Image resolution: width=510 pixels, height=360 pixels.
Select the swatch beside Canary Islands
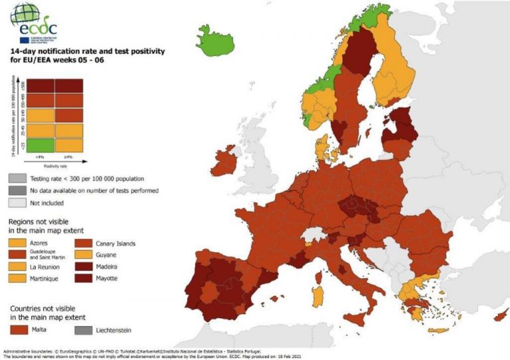[x=86, y=244]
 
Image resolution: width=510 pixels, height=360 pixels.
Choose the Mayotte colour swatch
[x=86, y=278]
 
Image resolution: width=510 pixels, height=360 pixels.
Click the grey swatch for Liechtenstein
[x=86, y=330]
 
